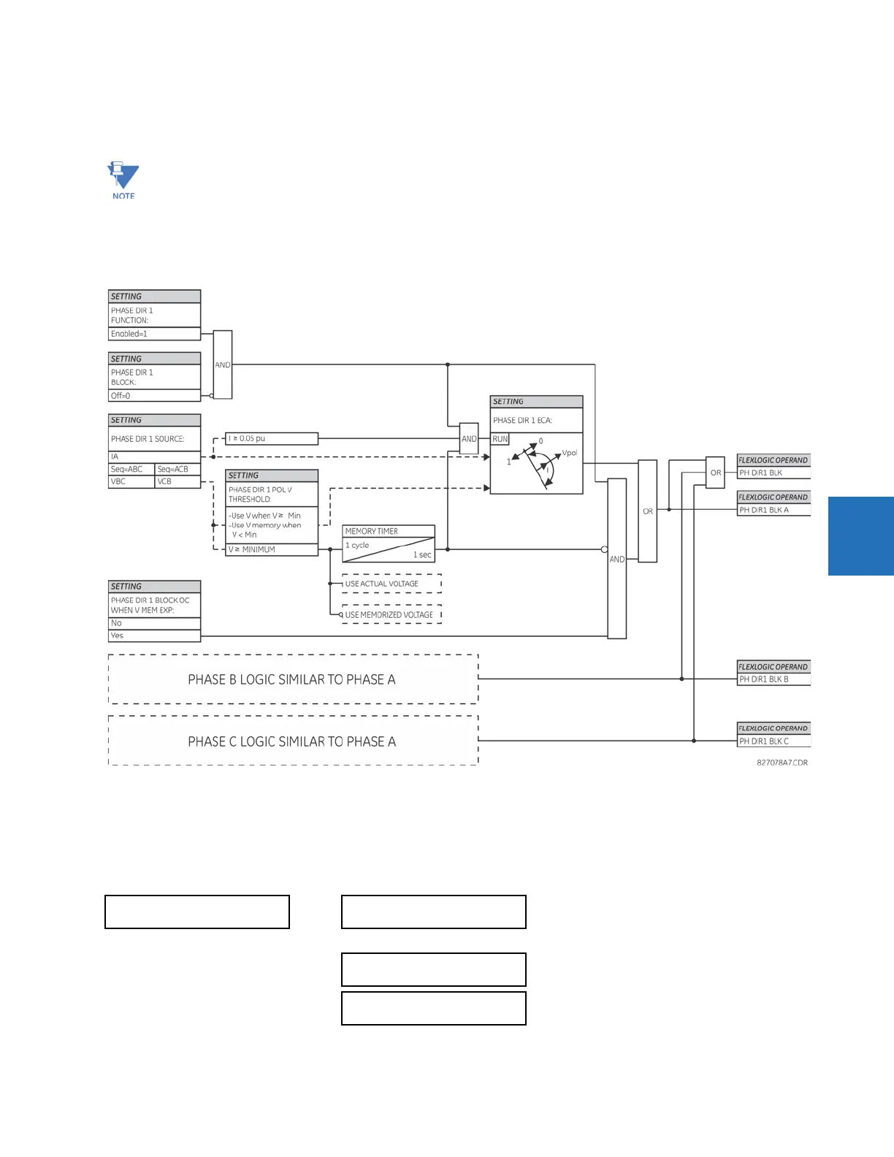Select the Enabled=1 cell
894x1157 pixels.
(154, 334)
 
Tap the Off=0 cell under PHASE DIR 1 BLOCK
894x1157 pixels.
(154, 396)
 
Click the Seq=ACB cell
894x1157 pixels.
(177, 469)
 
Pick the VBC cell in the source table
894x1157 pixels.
(131, 481)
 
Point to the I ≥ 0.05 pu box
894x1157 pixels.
(272, 438)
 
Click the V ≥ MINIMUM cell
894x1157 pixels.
(272, 549)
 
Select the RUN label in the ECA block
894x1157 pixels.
(500, 439)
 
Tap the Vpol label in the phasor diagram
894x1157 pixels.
(569, 453)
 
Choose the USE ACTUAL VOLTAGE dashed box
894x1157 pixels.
(392, 584)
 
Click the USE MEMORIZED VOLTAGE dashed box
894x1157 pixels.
(392, 615)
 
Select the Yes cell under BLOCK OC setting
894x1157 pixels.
(154, 635)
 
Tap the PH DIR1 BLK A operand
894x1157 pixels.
(773, 510)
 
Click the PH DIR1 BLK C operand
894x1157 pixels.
(773, 741)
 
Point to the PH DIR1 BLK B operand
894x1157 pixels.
(773, 679)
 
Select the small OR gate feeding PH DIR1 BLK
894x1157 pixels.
(716, 473)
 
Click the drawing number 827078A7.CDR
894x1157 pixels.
(782, 763)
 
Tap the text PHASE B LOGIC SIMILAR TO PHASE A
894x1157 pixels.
(292, 679)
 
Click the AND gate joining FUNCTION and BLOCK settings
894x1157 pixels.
(223, 364)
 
